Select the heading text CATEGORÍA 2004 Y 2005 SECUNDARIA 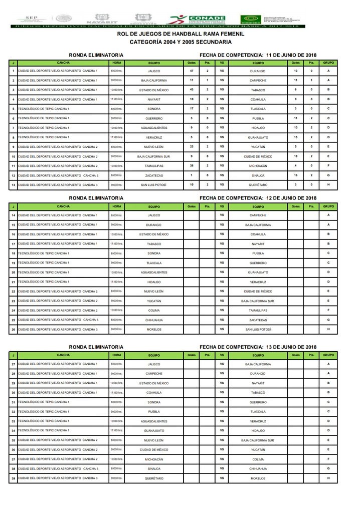click(181, 42)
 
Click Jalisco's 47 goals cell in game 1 click(192, 71)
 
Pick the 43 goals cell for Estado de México click(192, 90)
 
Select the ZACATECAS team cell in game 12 click(154, 176)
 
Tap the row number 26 click(13, 329)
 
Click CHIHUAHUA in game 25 click(154, 320)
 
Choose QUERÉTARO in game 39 click(154, 478)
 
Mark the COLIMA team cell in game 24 click(154, 310)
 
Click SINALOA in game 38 click(154, 469)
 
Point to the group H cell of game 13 click(328, 185)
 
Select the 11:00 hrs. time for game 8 click(116, 137)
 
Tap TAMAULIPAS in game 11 click(154, 166)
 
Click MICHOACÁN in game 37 click(154, 459)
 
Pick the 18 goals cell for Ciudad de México click(295, 156)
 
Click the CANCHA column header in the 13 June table click(63, 355)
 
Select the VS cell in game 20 click(222, 272)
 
